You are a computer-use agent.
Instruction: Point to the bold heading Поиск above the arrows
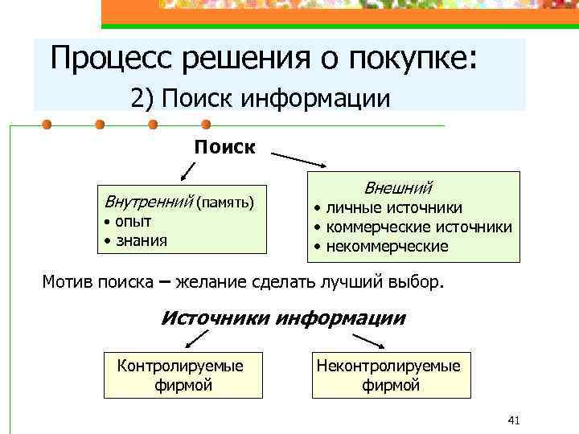224,146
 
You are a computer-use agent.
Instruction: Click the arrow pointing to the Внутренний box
187,171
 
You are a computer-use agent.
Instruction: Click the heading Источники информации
284,318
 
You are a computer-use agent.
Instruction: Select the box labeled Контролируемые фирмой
183,375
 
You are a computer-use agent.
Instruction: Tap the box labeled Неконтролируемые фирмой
389,375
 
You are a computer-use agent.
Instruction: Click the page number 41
515,420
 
